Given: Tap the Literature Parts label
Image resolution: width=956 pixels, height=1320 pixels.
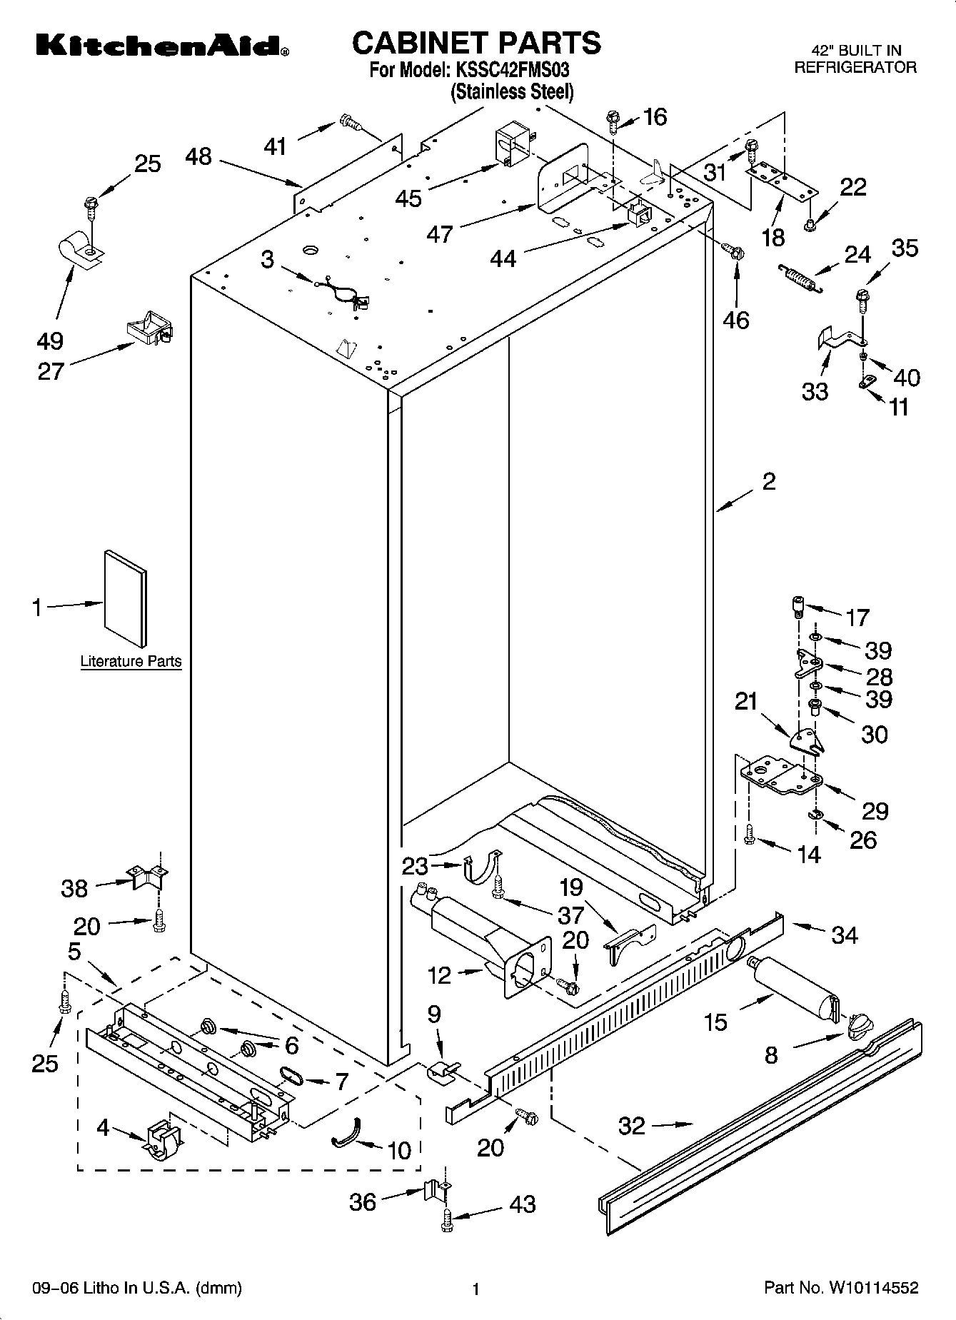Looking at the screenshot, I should click(131, 661).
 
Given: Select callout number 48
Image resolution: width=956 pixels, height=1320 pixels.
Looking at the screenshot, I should click(198, 157).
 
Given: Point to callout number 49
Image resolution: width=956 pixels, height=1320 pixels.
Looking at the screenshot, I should click(51, 341).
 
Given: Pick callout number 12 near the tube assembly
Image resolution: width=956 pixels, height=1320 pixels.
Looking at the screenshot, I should click(440, 974).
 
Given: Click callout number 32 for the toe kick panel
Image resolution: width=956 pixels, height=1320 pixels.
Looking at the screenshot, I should click(632, 1126).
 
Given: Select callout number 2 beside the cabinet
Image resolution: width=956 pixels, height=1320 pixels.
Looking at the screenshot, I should click(768, 482).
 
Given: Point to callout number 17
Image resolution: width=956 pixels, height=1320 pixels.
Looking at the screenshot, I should click(857, 617).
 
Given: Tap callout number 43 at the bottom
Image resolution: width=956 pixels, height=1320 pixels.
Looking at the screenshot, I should click(523, 1204).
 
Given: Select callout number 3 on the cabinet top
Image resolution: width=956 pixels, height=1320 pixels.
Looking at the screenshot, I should click(267, 259).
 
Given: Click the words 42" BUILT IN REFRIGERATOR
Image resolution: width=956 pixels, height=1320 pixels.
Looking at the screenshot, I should click(855, 59).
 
